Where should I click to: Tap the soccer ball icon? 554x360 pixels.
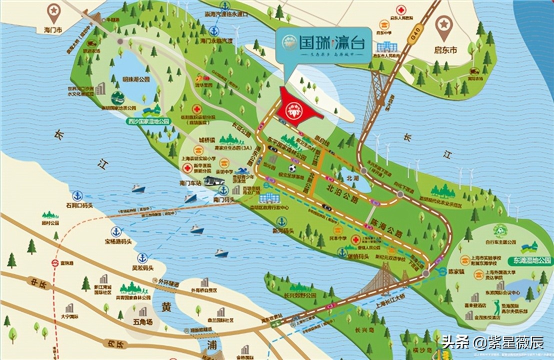pos(291,168)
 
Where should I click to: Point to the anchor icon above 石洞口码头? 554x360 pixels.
pos(77,195)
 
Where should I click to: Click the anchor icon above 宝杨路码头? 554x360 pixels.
pos(116,231)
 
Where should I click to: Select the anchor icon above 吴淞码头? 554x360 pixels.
pos(142,258)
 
